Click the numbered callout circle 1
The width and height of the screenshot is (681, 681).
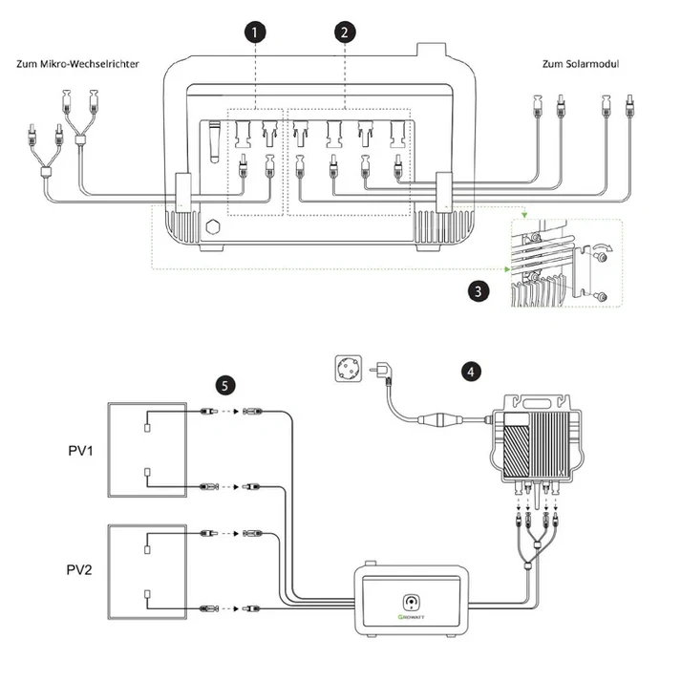[x=255, y=32]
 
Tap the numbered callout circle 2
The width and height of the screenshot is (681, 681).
[x=345, y=32]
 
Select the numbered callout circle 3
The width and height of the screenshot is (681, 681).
[x=479, y=290]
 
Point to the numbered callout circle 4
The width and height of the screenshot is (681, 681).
[x=471, y=372]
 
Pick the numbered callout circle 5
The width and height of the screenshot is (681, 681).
[x=225, y=385]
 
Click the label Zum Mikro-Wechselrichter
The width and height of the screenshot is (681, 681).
[x=77, y=64]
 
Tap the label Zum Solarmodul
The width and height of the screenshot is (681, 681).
[x=581, y=64]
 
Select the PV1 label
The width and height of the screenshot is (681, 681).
[x=80, y=451]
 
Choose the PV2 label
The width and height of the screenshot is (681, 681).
[x=79, y=569]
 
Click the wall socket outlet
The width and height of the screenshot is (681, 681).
[x=349, y=369]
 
